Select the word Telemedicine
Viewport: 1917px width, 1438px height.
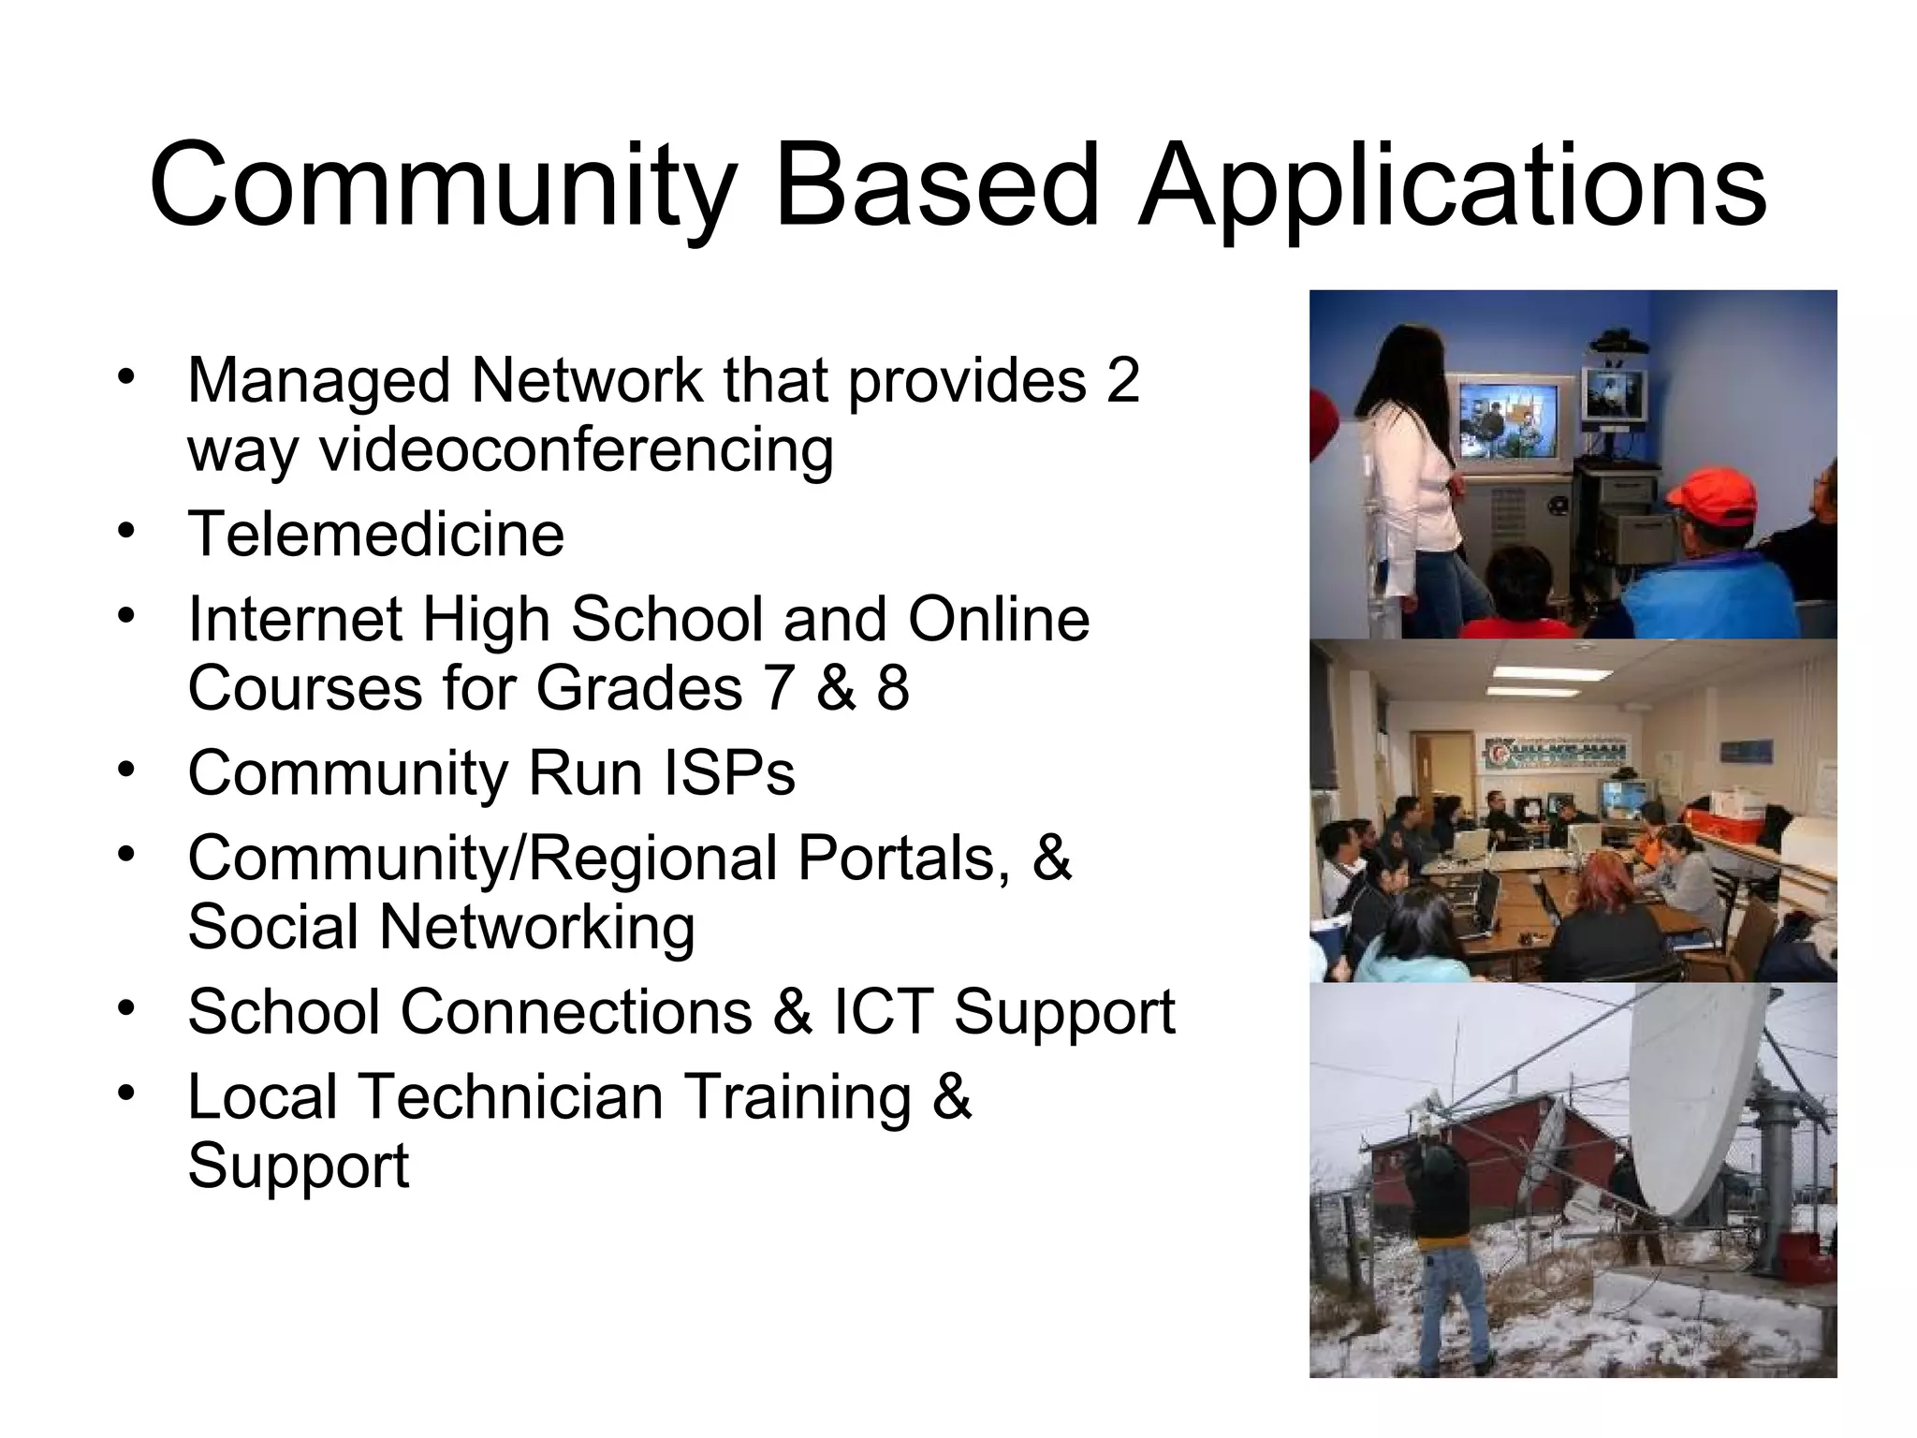pos(376,534)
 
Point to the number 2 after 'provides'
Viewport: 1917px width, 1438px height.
pos(1122,380)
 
